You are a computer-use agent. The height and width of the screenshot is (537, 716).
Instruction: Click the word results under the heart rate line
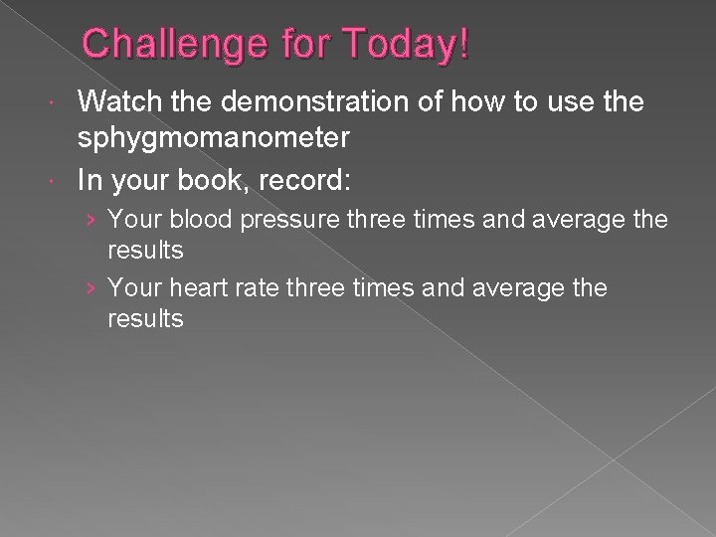(x=145, y=319)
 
